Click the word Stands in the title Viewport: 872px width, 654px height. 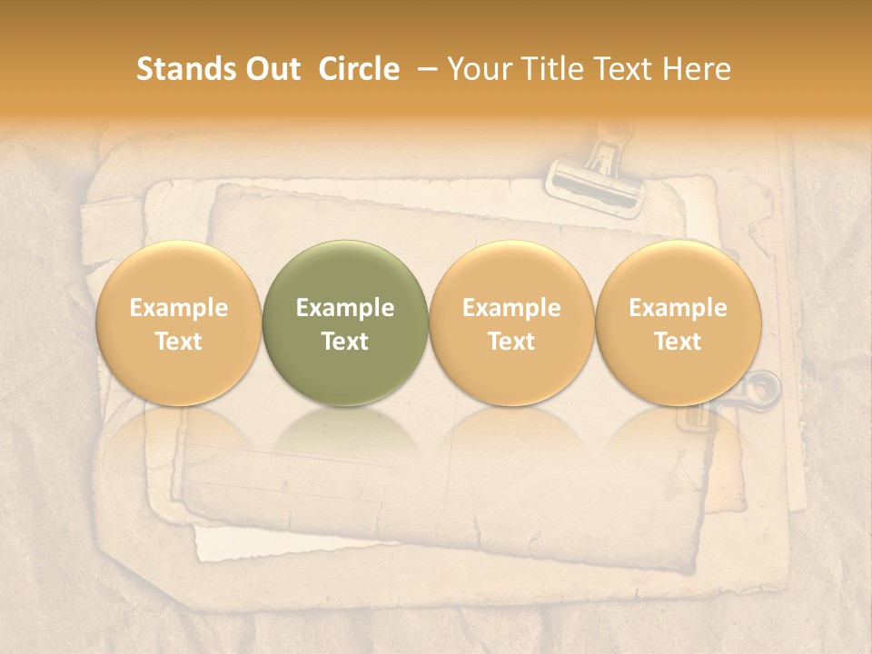(x=180, y=69)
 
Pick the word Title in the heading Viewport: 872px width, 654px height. (x=552, y=69)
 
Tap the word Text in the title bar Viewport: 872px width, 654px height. (x=625, y=69)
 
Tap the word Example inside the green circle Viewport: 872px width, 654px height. (x=345, y=308)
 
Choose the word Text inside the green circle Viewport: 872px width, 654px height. (x=345, y=342)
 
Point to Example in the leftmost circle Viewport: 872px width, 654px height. (x=178, y=308)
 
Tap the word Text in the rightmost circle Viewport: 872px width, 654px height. (x=678, y=342)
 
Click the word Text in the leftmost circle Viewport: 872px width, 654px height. (x=178, y=342)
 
